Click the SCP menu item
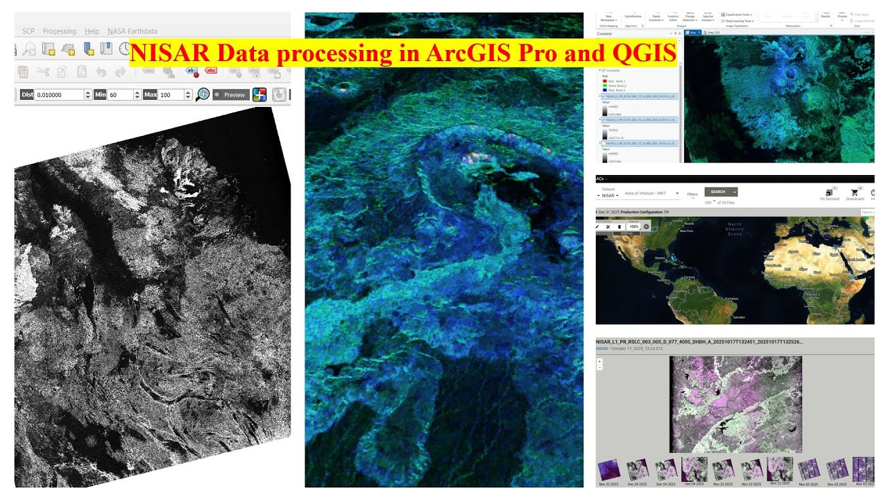(x=28, y=31)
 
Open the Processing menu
(x=59, y=31)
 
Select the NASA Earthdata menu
(x=132, y=31)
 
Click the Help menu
(x=92, y=31)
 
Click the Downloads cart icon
(x=855, y=193)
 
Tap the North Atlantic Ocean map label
(x=734, y=229)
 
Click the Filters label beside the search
(x=692, y=194)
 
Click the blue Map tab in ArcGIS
(x=692, y=33)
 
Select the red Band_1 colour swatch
(x=604, y=81)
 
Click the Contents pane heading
(x=604, y=33)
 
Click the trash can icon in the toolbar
(x=23, y=72)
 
